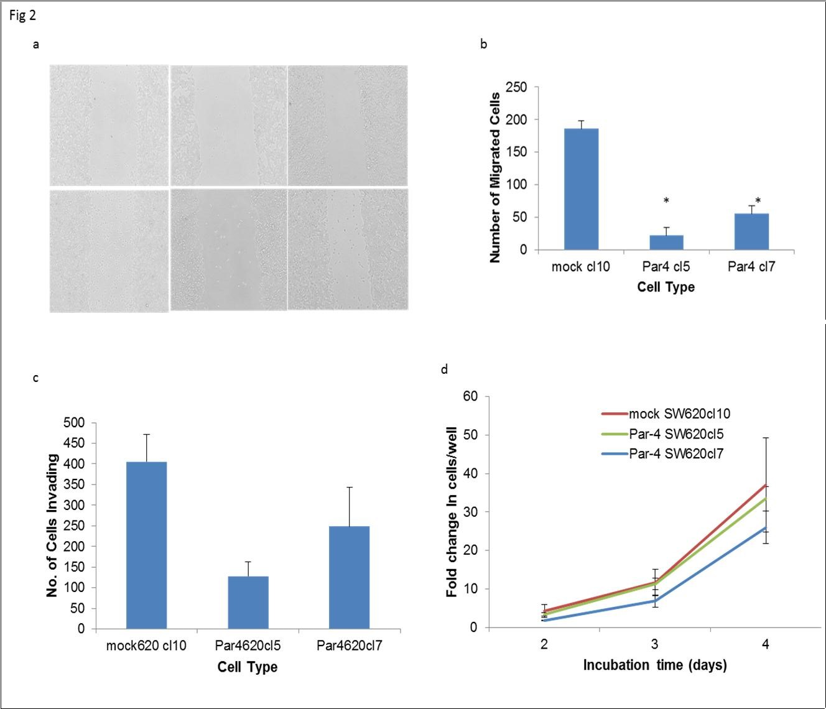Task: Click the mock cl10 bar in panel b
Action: [581, 189]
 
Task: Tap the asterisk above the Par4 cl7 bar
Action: [758, 201]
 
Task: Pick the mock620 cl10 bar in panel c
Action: [146, 545]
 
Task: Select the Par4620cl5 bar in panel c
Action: [248, 602]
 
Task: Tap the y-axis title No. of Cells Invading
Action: [53, 526]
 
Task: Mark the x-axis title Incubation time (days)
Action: [654, 665]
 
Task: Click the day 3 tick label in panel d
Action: [654, 644]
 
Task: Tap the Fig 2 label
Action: [22, 16]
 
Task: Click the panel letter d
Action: [444, 370]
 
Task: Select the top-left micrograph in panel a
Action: [109, 126]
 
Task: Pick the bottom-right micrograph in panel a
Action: [348, 249]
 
